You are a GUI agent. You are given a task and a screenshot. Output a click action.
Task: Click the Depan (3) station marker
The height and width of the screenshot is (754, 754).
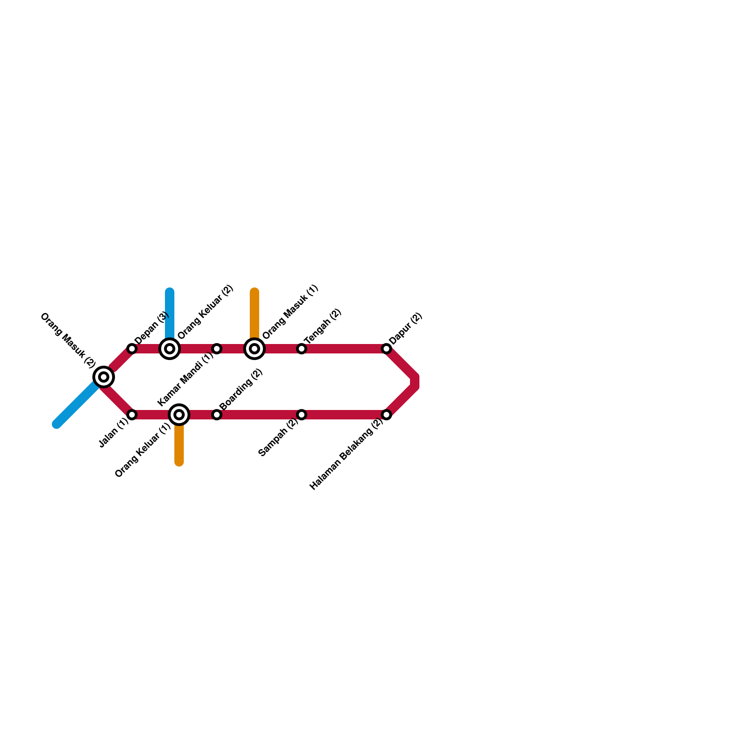point(132,349)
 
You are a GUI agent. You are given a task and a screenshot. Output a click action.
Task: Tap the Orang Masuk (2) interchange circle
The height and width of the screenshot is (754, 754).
point(104,377)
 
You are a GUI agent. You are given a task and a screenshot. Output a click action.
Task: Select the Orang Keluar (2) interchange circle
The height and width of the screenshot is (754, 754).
point(170,349)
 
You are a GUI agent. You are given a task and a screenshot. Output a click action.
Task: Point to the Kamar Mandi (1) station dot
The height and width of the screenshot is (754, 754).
point(217,349)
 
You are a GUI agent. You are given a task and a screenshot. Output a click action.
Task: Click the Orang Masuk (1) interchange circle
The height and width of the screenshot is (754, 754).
point(254,349)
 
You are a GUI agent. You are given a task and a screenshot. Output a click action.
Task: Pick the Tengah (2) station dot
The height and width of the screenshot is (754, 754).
point(302,349)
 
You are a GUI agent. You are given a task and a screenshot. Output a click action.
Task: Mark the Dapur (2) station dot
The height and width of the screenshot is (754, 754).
point(386,349)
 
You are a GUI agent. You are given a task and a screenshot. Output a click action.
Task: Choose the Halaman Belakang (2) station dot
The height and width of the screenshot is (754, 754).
point(386,415)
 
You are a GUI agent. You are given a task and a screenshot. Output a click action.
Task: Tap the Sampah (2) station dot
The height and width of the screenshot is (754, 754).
point(302,415)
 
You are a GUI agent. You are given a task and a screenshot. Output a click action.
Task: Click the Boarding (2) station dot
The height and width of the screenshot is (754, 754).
point(217,415)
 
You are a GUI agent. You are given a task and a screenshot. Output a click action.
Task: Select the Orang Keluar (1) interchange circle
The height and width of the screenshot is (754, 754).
point(179,415)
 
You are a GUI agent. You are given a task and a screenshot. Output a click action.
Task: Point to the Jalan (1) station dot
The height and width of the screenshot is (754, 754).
point(132,415)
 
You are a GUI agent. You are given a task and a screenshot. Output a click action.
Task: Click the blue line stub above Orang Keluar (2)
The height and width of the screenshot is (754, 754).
point(170,311)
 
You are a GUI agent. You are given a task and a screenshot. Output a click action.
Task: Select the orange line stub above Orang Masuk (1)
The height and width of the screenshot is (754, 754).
point(254,311)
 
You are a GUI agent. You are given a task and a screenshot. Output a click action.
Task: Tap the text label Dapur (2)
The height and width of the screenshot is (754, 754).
point(405,329)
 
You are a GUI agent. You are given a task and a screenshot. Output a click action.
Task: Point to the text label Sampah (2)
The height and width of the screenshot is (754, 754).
point(279,437)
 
